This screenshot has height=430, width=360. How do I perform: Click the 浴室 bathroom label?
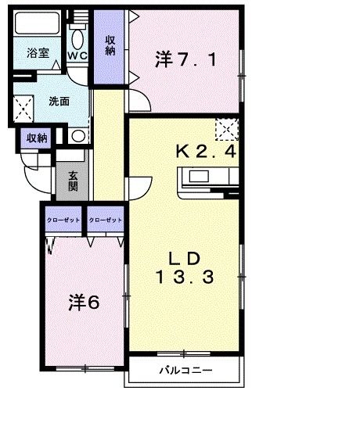(37, 54)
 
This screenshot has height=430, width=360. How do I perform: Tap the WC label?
(77, 56)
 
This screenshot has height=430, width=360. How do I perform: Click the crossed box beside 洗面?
(24, 106)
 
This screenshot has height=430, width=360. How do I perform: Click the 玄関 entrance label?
(72, 181)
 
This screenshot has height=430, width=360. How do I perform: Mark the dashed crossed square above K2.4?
(227, 127)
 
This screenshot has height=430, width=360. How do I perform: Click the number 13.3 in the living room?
(183, 275)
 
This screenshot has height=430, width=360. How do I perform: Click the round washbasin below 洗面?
(78, 137)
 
